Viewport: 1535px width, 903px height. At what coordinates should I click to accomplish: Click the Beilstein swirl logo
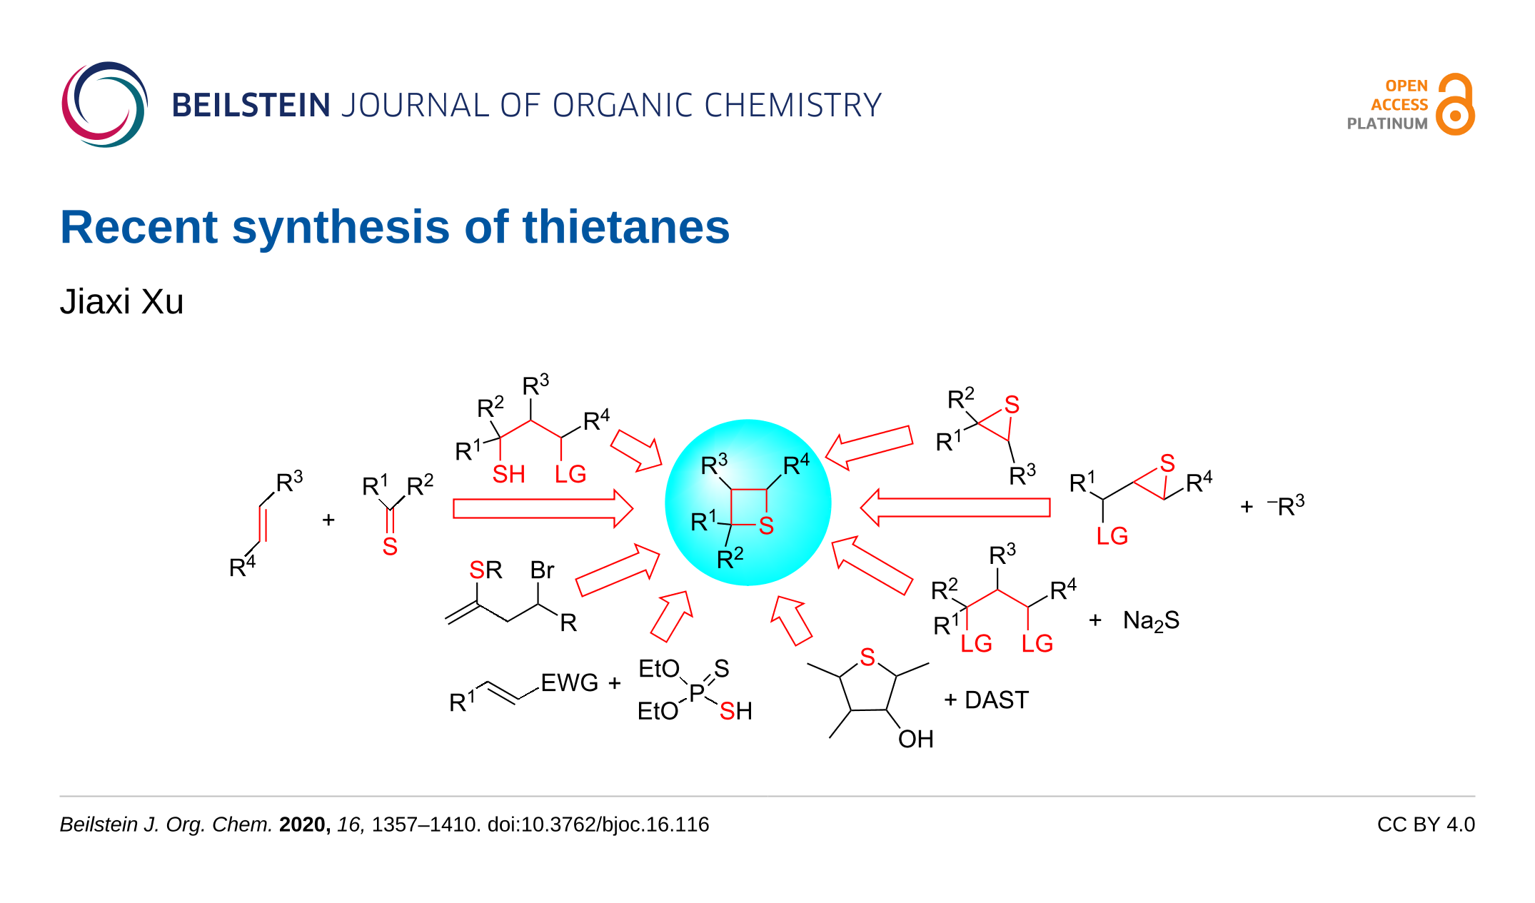pyautogui.click(x=104, y=105)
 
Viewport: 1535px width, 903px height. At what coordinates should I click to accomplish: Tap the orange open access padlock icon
pyautogui.click(x=1455, y=105)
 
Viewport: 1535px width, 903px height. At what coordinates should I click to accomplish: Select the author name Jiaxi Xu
pyautogui.click(x=122, y=301)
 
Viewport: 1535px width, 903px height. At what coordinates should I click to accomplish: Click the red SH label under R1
pyautogui.click(x=508, y=475)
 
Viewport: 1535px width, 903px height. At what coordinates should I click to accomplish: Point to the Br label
pyautogui.click(x=542, y=570)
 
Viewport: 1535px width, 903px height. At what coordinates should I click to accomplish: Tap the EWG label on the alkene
pyautogui.click(x=569, y=683)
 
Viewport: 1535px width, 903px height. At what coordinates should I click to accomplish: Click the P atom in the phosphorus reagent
pyautogui.click(x=697, y=692)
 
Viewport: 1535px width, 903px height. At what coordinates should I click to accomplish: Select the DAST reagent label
pyautogui.click(x=996, y=700)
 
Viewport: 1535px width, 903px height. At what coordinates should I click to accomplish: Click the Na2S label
pyautogui.click(x=1151, y=620)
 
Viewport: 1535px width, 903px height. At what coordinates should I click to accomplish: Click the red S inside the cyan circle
pyautogui.click(x=766, y=526)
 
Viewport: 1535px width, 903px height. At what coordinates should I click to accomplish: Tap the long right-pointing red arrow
pyautogui.click(x=543, y=509)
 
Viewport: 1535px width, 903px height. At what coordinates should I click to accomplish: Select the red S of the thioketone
pyautogui.click(x=390, y=547)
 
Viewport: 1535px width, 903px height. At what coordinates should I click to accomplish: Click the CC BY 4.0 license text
pyautogui.click(x=1425, y=824)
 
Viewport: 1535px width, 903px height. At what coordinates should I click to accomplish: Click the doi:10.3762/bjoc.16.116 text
pyautogui.click(x=598, y=824)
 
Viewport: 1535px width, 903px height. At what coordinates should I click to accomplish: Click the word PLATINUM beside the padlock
pyautogui.click(x=1386, y=123)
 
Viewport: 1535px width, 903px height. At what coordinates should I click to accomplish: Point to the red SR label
pyautogui.click(x=485, y=570)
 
